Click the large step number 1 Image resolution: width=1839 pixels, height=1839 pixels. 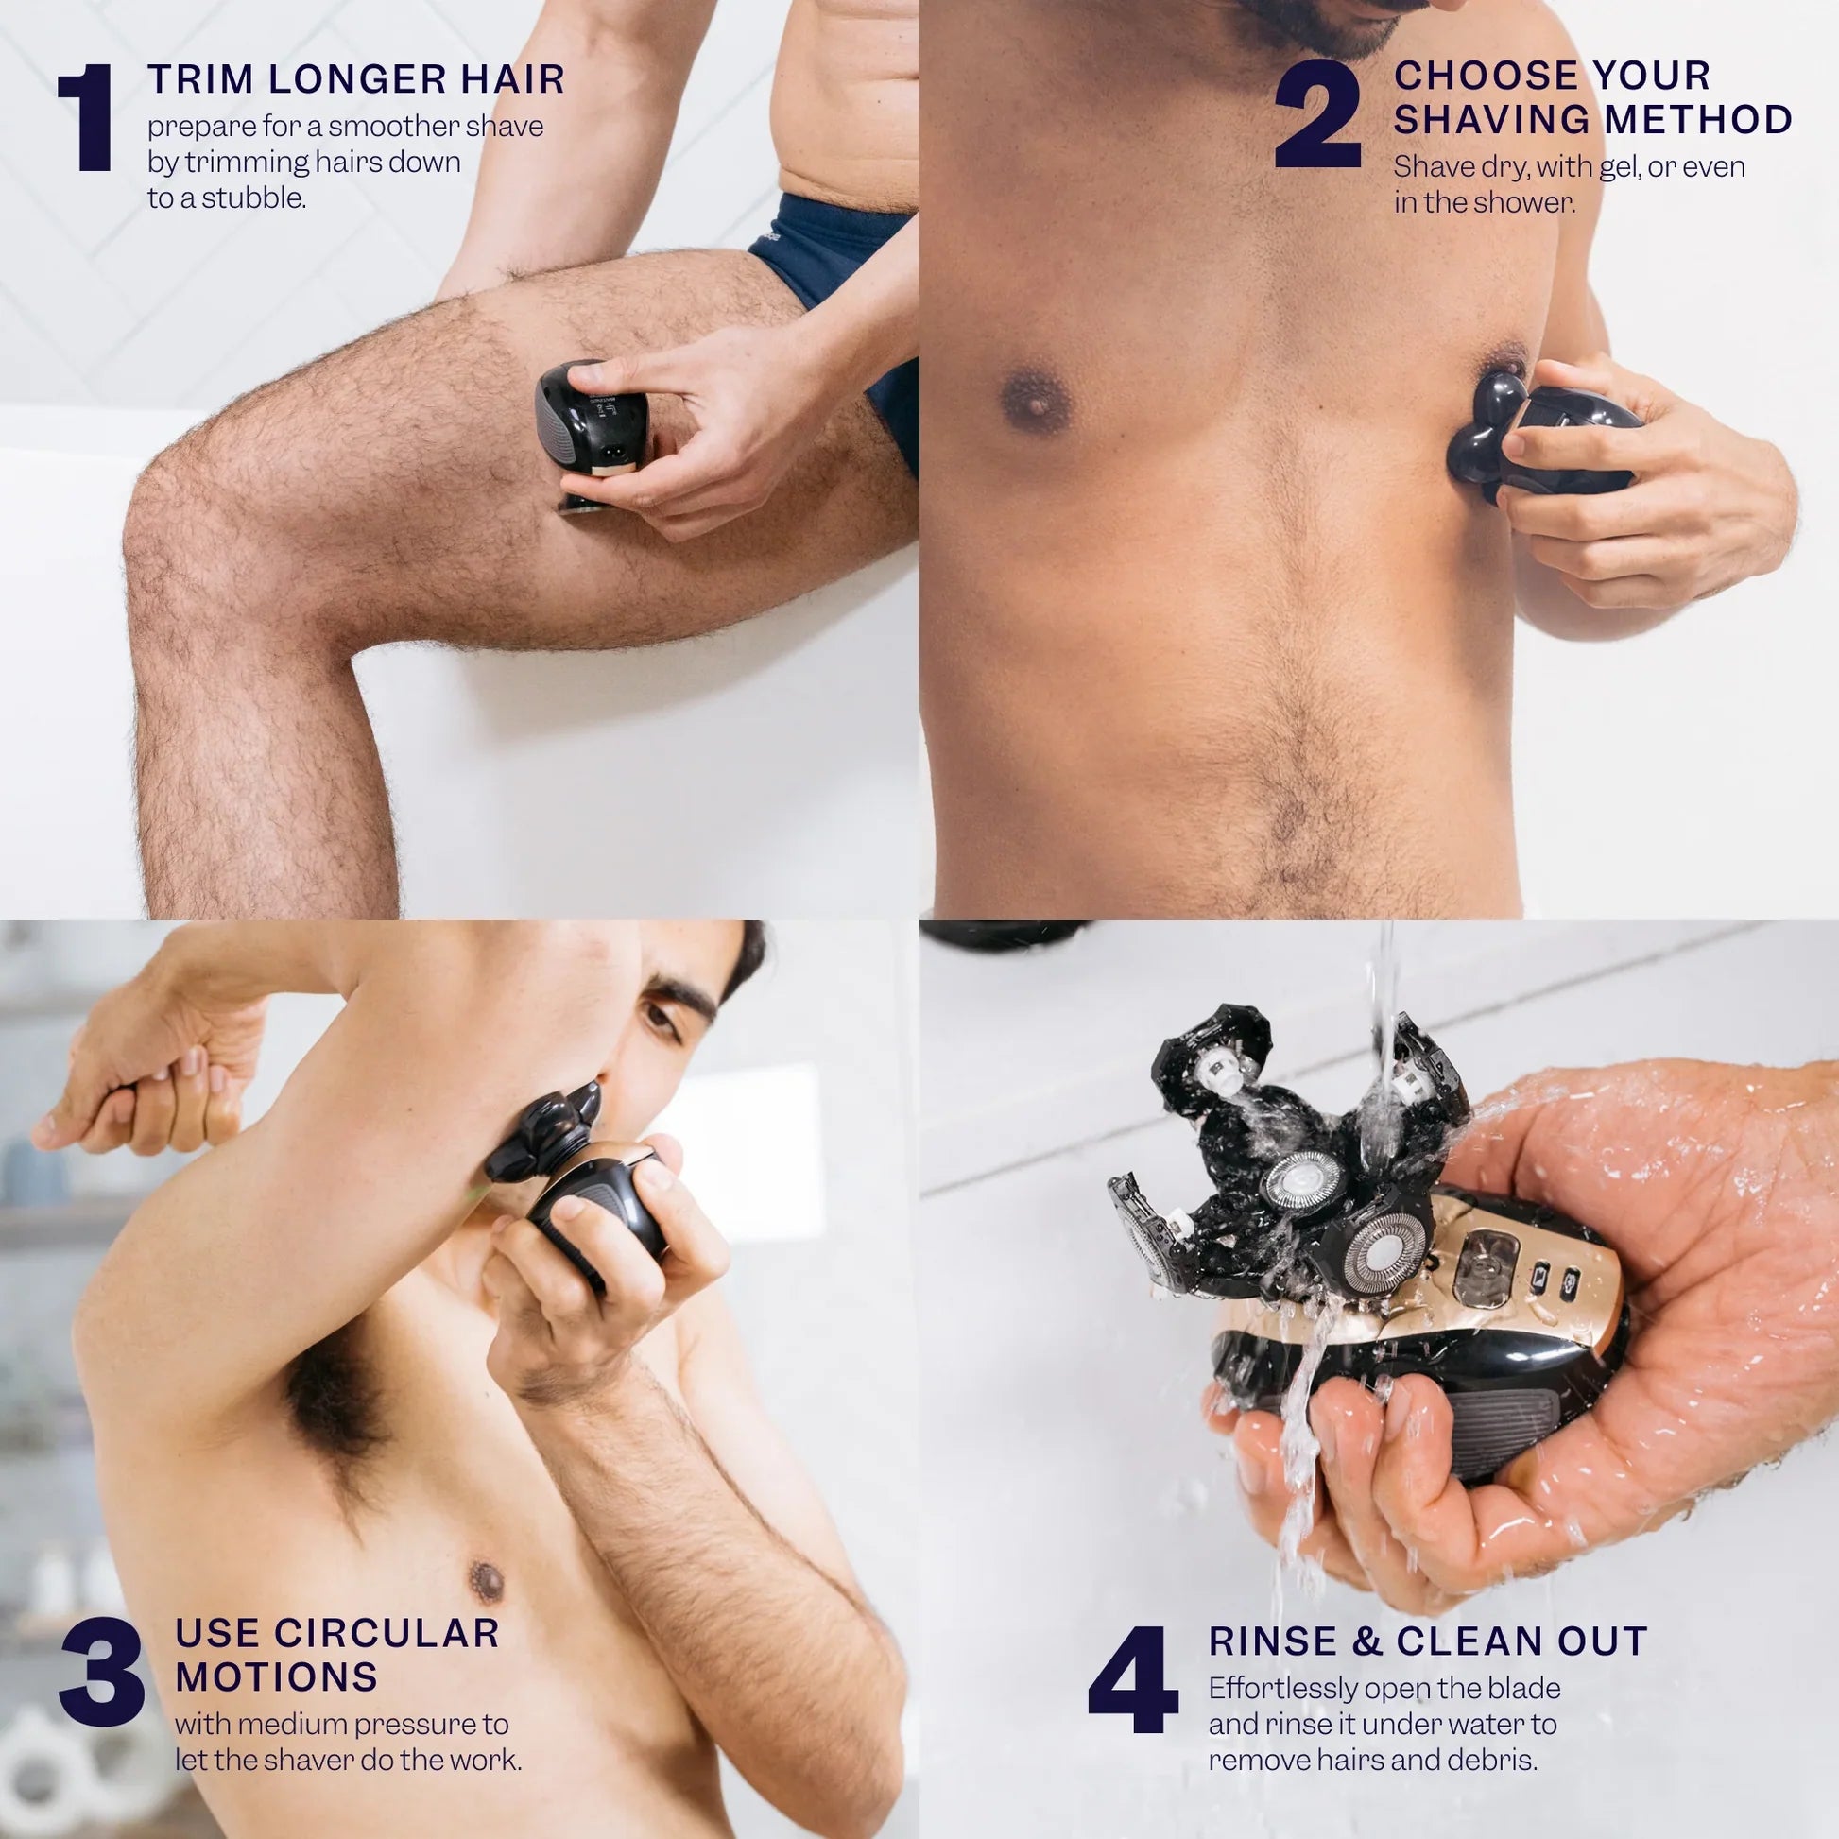click(x=88, y=118)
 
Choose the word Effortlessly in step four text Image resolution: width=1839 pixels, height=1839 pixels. click(x=1283, y=1689)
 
